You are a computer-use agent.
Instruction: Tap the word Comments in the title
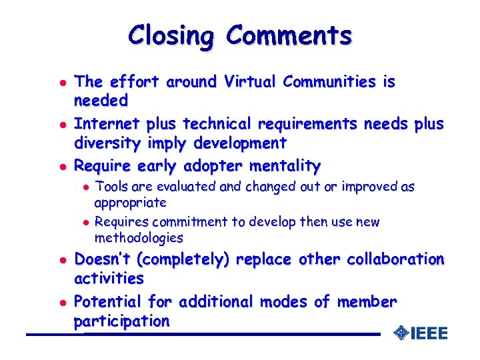coord(288,35)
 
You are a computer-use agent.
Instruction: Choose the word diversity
coord(107,143)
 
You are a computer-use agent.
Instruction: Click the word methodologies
coord(139,237)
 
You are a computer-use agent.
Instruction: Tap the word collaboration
coord(395,259)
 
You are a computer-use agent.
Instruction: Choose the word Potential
coord(108,302)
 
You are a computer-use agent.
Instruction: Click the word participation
coord(121,321)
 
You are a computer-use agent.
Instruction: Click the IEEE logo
coord(421,333)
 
